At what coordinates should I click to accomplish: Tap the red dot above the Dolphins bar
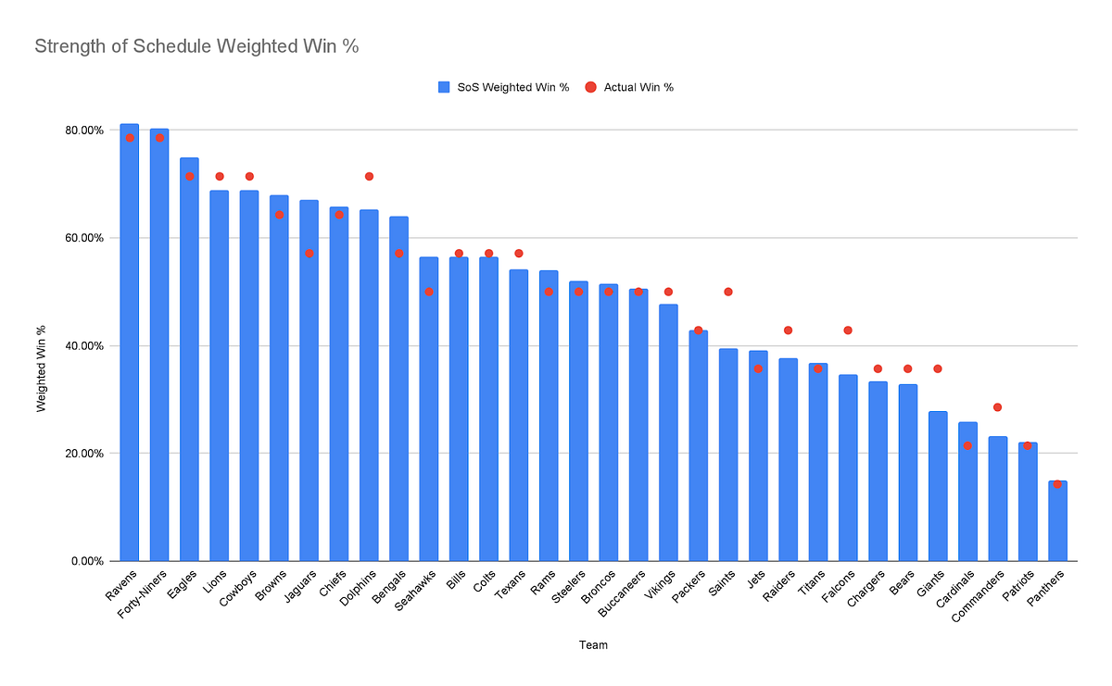tap(369, 176)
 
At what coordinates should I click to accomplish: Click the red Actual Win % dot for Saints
tap(728, 292)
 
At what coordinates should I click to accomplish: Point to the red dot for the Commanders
tap(997, 407)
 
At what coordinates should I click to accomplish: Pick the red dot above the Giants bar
tap(938, 368)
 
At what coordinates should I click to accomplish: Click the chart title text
tap(196, 45)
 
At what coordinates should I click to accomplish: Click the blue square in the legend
tap(444, 87)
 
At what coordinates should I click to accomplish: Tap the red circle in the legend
tap(590, 87)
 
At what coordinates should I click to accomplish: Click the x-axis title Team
tap(594, 645)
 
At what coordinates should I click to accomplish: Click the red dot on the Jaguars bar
tap(310, 253)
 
